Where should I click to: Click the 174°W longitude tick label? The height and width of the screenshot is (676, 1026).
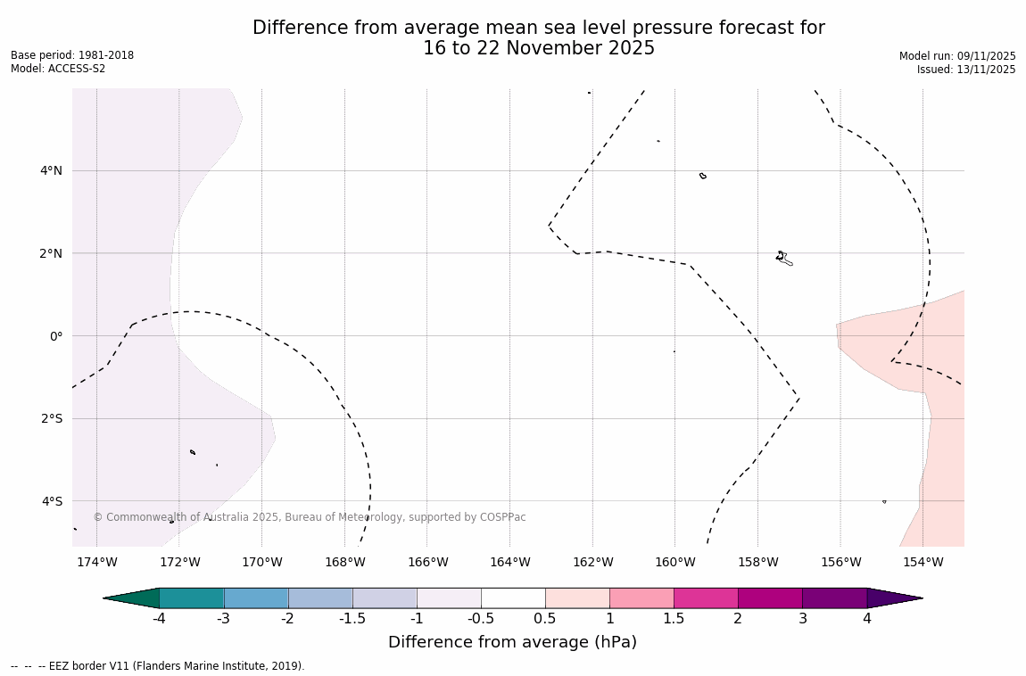click(96, 562)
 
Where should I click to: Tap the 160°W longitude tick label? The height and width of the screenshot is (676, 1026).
click(674, 562)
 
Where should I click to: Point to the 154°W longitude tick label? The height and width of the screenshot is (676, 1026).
click(923, 562)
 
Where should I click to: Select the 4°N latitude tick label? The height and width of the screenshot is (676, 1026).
click(51, 170)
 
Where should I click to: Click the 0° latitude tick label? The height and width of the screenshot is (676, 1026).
click(55, 336)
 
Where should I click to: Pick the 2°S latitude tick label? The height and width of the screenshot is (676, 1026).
click(51, 418)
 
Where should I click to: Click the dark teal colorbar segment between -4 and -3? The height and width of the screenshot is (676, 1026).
click(191, 598)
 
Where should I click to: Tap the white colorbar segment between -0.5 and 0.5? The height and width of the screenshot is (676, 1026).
click(513, 598)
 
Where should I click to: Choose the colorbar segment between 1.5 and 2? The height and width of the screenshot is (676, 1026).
click(706, 598)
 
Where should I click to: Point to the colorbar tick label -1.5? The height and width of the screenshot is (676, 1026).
click(352, 619)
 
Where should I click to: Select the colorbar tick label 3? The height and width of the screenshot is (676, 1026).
click(802, 619)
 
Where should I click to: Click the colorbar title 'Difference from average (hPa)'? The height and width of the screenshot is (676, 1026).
click(512, 642)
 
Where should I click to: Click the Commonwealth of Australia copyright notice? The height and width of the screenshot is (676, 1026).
click(310, 517)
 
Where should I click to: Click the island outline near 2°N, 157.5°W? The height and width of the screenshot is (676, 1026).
click(782, 258)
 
